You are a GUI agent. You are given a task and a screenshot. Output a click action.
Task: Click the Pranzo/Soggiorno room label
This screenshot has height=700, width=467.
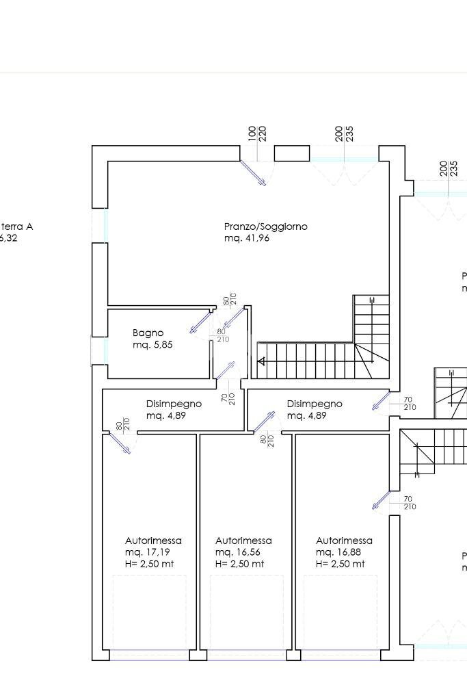click(265, 226)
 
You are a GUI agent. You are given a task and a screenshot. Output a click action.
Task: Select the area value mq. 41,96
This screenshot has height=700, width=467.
click(246, 239)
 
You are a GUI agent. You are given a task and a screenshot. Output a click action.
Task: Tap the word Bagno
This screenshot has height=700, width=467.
click(148, 333)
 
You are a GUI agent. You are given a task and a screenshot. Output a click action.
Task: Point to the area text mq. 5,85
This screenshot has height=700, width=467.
click(152, 345)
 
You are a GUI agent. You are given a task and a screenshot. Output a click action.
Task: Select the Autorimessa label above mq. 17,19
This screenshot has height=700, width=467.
click(153, 541)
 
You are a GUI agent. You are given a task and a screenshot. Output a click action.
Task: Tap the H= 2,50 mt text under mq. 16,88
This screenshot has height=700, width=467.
click(340, 564)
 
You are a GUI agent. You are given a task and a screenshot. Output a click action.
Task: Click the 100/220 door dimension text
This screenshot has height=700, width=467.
click(256, 133)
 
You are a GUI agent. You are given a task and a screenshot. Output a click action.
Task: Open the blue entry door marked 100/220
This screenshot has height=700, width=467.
click(254, 172)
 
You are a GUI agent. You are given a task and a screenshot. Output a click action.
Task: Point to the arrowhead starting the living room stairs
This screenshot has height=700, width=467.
click(261, 361)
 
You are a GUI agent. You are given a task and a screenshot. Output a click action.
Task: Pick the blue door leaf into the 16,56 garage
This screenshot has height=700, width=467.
click(264, 422)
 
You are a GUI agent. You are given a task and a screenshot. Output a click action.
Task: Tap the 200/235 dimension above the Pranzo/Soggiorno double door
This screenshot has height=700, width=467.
click(345, 133)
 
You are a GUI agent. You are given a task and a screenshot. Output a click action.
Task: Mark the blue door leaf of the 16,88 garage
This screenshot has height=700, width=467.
click(381, 500)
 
